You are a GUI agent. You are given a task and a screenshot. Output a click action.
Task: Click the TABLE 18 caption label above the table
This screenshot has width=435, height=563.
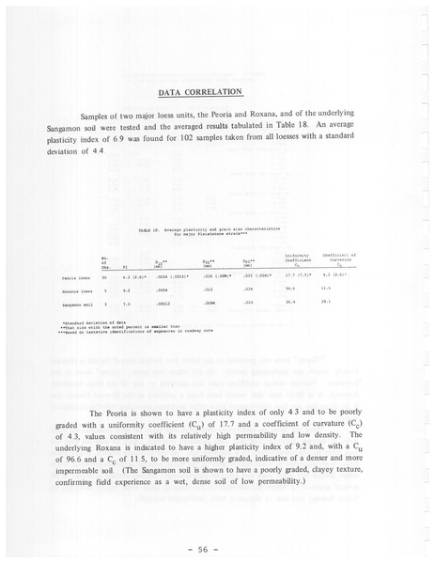point(149,228)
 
